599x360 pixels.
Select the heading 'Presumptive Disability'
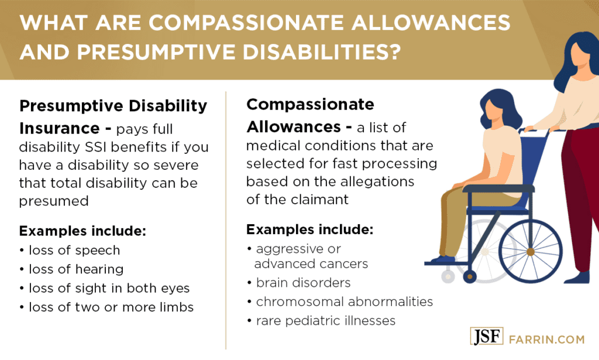pos(113,106)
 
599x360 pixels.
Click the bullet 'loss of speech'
pos(73,250)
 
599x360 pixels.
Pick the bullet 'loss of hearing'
pos(75,269)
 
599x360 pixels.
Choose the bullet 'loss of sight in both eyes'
pos(108,289)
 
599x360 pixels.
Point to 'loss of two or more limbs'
pos(110,307)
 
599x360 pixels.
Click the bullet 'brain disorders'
pos(302,283)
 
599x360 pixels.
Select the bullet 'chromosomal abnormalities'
pos(344,302)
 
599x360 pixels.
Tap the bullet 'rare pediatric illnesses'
pos(325,321)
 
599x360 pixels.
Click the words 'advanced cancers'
pos(311,264)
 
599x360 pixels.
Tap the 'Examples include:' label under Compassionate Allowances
pos(309,229)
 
